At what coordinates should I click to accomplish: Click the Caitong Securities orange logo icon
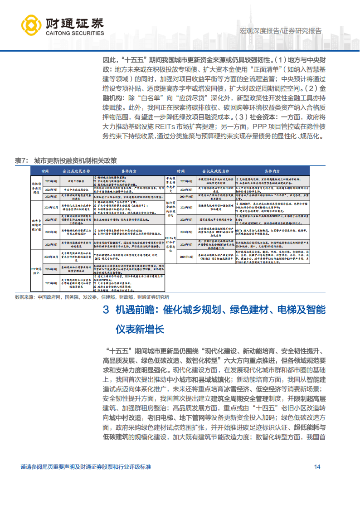(x=30, y=25)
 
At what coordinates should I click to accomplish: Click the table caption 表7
(x=22, y=160)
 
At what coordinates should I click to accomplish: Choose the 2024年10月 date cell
(x=186, y=197)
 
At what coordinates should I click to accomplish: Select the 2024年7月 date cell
(x=186, y=231)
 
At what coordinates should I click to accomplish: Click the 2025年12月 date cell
(x=186, y=257)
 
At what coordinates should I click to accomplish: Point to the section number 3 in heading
(x=106, y=310)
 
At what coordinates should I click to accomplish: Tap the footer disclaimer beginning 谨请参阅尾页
(x=86, y=467)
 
